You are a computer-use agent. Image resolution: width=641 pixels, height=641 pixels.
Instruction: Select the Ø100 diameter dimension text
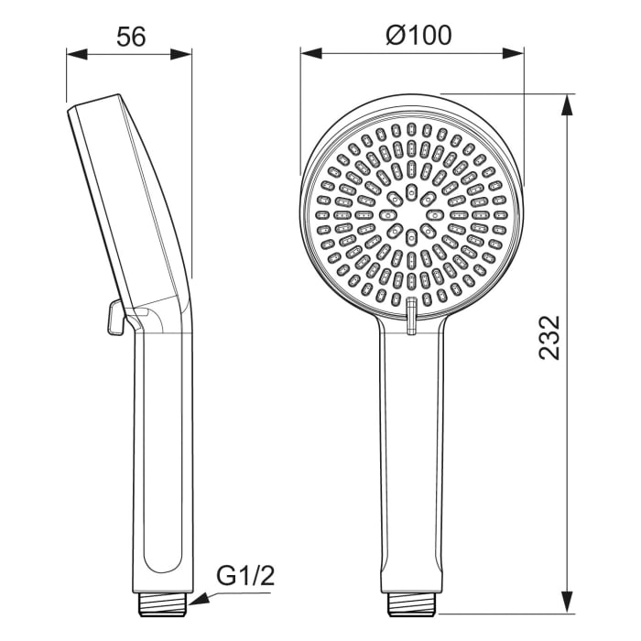418,36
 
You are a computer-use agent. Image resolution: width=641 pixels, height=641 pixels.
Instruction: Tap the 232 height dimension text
549,337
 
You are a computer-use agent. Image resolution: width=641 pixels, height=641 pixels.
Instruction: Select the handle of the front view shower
413,458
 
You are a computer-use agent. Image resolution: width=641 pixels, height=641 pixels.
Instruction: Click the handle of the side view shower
165,458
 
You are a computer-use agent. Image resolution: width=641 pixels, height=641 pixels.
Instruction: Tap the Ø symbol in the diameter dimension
395,36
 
